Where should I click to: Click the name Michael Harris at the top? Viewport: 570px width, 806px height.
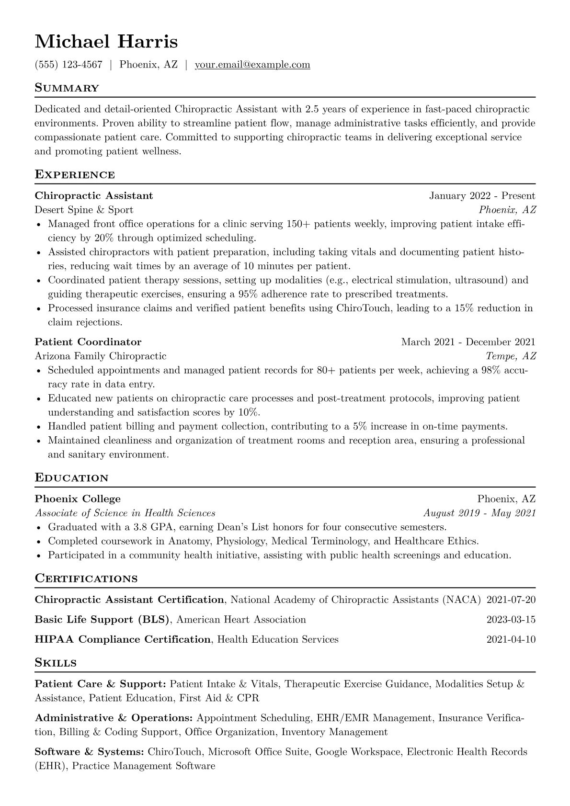pyautogui.click(x=106, y=42)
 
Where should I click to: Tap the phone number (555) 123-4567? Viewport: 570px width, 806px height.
pyautogui.click(x=68, y=65)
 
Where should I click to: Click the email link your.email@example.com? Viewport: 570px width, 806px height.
pyautogui.click(x=252, y=65)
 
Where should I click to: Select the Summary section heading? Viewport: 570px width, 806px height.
pyautogui.click(x=67, y=88)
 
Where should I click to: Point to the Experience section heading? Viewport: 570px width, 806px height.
pyautogui.click(x=75, y=174)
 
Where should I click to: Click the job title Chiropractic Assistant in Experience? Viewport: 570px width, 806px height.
pyautogui.click(x=94, y=196)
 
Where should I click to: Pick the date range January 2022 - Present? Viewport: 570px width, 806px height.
pyautogui.click(x=482, y=196)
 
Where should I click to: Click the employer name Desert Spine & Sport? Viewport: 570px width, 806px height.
pyautogui.click(x=84, y=210)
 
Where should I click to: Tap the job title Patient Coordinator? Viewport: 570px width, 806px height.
pyautogui.click(x=88, y=342)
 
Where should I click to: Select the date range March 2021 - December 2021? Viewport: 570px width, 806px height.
pyautogui.click(x=468, y=342)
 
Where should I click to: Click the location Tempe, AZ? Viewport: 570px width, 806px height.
pyautogui.click(x=511, y=356)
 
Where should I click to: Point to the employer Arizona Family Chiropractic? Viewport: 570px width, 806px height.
pyautogui.click(x=101, y=356)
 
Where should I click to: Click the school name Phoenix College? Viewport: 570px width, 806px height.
pyautogui.click(x=78, y=499)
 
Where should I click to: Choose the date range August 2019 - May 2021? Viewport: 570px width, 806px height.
pyautogui.click(x=479, y=513)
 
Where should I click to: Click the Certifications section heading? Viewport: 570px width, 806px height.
pyautogui.click(x=86, y=579)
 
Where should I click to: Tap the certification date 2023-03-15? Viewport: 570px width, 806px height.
pyautogui.click(x=511, y=620)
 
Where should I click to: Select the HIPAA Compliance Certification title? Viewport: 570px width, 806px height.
pyautogui.click(x=123, y=639)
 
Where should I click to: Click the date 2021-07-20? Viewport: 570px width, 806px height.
pyautogui.click(x=511, y=600)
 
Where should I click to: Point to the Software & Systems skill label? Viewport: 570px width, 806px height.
pyautogui.click(x=90, y=752)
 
